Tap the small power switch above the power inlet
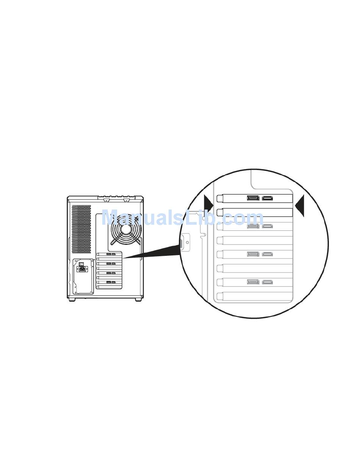(81, 264)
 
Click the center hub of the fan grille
(125, 230)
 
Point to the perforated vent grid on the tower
(81, 229)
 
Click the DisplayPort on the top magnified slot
(253, 198)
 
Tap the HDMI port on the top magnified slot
(268, 198)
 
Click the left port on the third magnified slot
(253, 226)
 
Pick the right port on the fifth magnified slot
(268, 254)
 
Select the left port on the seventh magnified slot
(253, 282)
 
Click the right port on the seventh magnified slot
(268, 282)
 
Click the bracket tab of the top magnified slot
(219, 199)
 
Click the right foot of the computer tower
(138, 299)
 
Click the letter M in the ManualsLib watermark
(110, 219)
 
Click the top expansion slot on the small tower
(110, 254)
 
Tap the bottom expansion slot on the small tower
(110, 287)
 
